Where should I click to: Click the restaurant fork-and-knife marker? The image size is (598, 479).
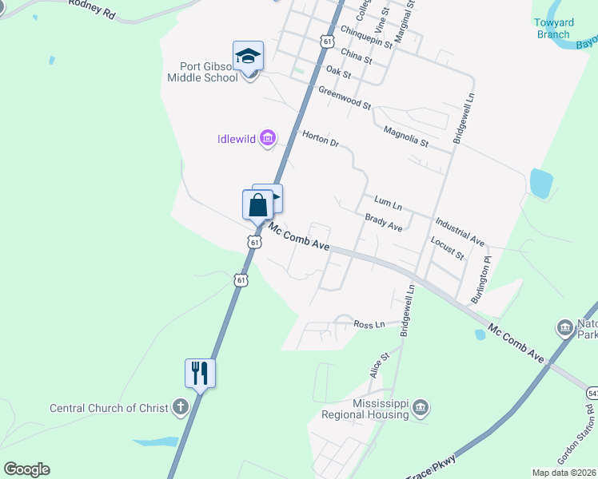coord(201,372)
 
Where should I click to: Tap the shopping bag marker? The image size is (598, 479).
coord(257,204)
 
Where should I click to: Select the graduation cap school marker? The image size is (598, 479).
coord(248,57)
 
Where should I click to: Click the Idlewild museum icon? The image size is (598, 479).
coord(268,139)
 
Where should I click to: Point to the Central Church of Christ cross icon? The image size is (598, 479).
coord(181,408)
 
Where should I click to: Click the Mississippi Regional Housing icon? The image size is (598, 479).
coord(421,409)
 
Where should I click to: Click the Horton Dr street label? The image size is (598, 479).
coord(321,139)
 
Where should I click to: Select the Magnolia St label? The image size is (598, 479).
coord(405,137)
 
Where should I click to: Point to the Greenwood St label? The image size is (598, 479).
coord(345,99)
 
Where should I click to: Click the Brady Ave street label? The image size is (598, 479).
coord(384,223)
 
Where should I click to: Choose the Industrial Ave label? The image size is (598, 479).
coord(460,230)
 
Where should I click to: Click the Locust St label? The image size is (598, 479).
coord(447,248)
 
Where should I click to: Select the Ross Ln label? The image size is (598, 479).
coord(369,324)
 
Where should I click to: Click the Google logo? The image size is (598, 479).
coord(27,469)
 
